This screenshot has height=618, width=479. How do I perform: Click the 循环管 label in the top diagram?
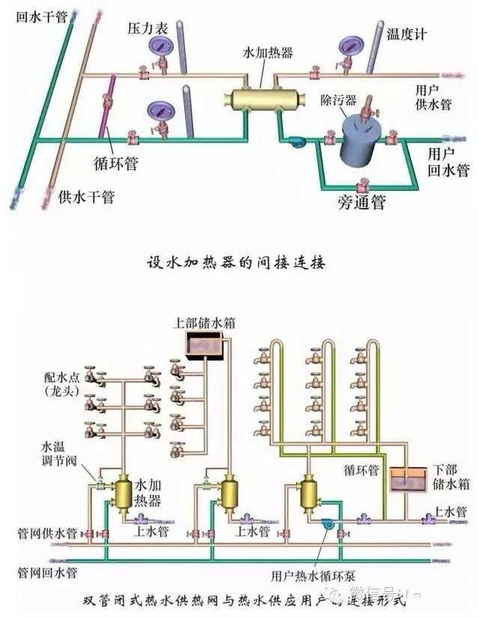coord(115,162)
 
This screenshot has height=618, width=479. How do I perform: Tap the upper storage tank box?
coord(206,346)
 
